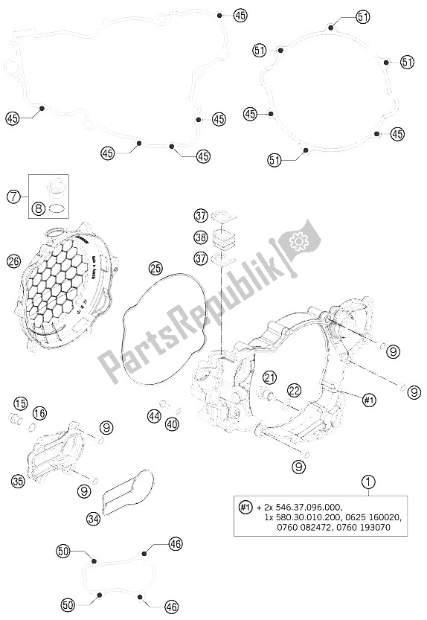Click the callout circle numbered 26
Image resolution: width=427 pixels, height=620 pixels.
tap(13, 261)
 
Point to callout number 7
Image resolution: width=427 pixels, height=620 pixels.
tap(13, 197)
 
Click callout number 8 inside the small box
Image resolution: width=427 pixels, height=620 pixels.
tap(37, 211)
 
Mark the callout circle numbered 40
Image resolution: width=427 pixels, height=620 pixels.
tap(173, 424)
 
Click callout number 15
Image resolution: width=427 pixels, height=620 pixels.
tap(20, 403)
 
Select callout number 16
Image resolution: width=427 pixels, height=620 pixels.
tap(39, 413)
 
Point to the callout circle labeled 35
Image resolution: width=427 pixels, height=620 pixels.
tap(17, 481)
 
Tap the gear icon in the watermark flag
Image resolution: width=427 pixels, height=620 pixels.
tap(301, 240)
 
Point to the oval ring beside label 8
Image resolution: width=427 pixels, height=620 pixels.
tap(57, 211)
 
